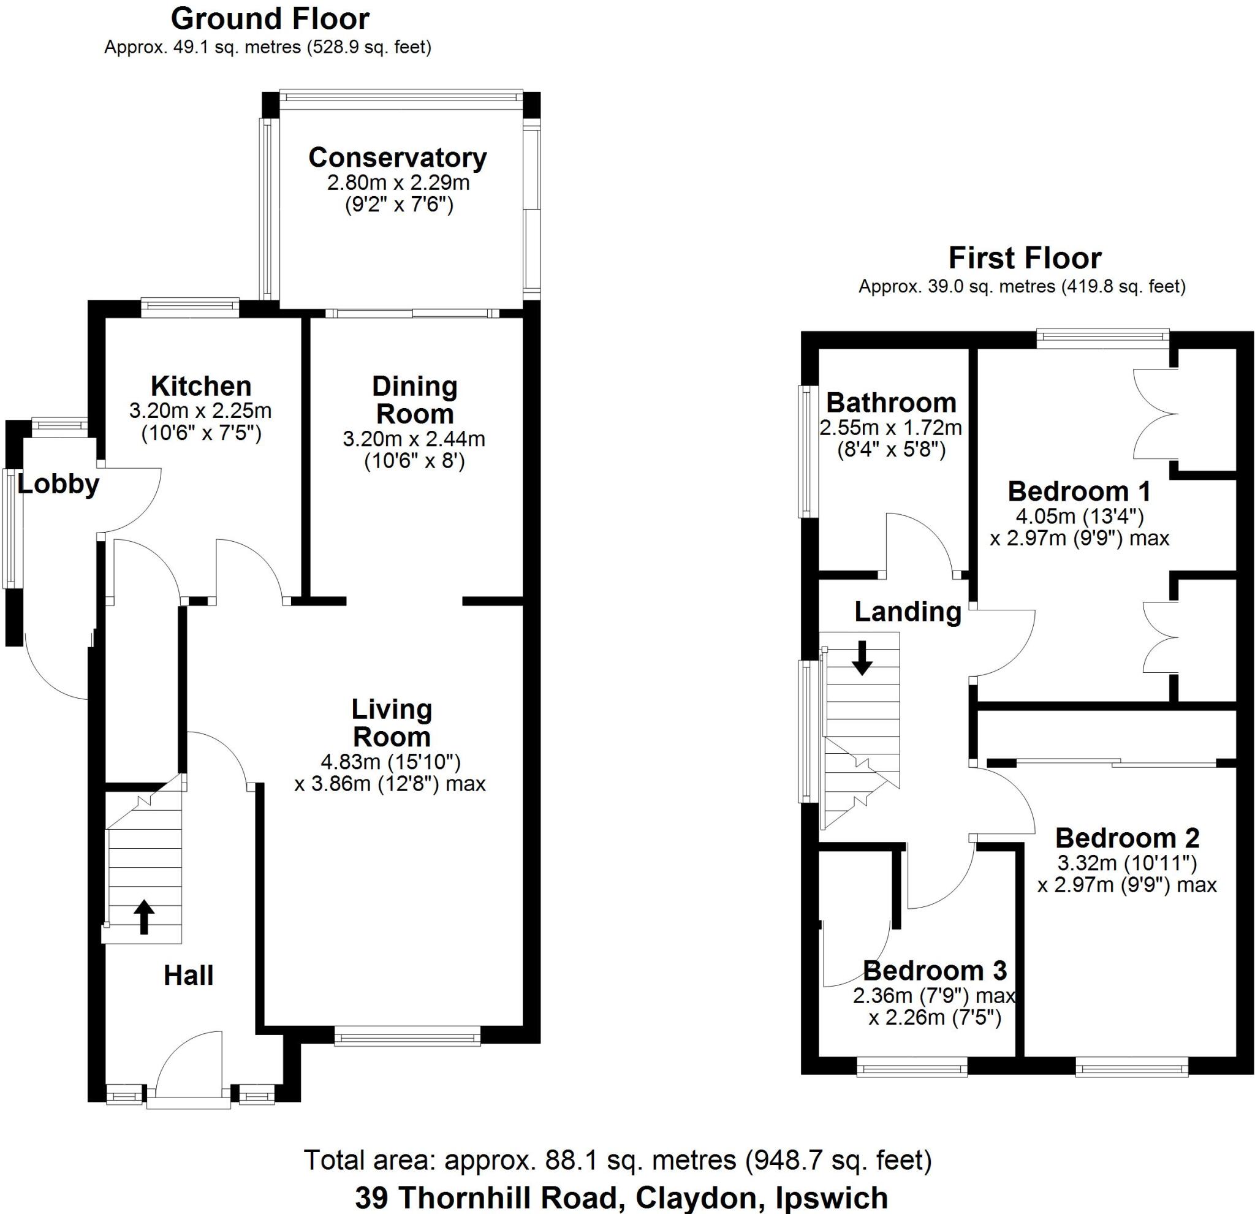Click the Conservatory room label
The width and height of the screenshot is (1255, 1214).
click(398, 158)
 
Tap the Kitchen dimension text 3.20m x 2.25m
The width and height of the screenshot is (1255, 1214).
click(200, 411)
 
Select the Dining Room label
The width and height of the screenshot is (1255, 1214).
click(415, 400)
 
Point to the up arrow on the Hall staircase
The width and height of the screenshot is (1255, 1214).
click(143, 917)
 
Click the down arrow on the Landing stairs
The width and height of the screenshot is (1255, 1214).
click(862, 658)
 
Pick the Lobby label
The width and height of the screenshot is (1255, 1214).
click(58, 484)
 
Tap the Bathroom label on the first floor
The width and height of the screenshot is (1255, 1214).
click(890, 403)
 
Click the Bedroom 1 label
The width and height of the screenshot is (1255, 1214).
click(1079, 491)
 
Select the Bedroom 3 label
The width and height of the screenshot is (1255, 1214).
click(935, 971)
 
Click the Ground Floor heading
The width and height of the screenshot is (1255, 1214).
click(270, 19)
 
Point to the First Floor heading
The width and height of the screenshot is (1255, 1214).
click(1025, 258)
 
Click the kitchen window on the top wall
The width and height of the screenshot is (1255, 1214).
click(189, 306)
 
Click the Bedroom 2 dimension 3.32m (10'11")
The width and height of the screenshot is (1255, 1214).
click(1127, 863)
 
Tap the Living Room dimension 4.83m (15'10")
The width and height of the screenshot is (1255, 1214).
click(390, 762)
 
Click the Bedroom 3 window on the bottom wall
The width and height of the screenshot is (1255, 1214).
click(912, 1066)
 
